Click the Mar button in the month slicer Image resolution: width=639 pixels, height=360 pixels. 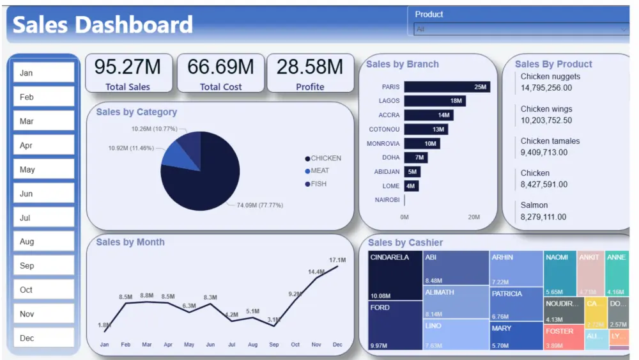(43, 121)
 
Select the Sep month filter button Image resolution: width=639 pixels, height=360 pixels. (43, 266)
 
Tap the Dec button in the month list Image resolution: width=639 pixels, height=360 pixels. (43, 338)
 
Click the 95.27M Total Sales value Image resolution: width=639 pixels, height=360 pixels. (128, 67)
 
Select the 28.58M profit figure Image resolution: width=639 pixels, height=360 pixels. (310, 67)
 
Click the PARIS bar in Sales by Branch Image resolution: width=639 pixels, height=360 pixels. (447, 87)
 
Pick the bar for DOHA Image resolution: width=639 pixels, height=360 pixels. (415, 157)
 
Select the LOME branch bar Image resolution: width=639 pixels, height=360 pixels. (411, 185)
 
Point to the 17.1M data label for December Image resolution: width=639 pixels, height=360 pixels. (337, 260)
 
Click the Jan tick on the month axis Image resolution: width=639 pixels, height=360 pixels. (104, 345)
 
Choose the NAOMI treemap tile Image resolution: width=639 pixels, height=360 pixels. (560, 272)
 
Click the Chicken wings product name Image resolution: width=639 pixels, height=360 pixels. (546, 109)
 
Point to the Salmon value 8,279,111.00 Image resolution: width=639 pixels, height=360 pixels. (543, 217)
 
